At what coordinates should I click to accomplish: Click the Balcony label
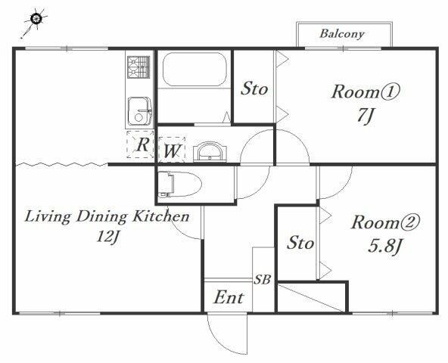(342, 34)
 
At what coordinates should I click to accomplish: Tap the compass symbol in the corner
(36, 20)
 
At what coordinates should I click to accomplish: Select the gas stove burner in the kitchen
(138, 67)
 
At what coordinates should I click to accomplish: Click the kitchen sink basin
(139, 111)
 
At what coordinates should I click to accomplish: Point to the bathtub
(194, 69)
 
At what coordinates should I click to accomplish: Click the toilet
(179, 184)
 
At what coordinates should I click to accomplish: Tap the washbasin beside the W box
(210, 152)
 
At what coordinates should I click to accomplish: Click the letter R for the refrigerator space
(142, 144)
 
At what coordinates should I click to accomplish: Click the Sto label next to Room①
(254, 88)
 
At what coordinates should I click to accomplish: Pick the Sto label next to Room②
(300, 243)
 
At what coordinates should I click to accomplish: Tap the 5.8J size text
(385, 246)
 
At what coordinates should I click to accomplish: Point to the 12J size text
(107, 237)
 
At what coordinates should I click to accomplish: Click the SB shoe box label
(263, 279)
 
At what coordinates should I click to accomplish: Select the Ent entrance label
(229, 297)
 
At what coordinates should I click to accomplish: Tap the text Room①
(366, 92)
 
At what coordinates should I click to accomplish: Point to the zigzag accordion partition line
(62, 164)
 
